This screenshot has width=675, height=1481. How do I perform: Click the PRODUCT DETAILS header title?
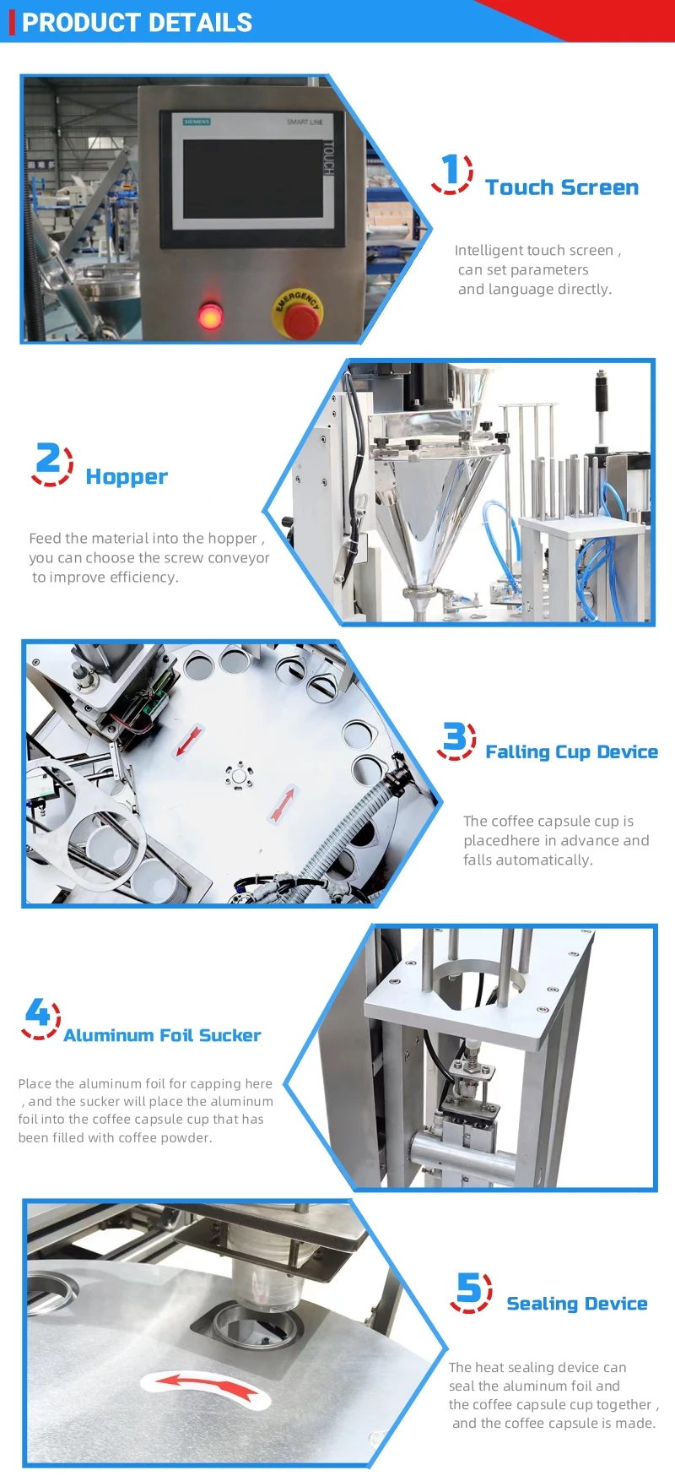point(137,23)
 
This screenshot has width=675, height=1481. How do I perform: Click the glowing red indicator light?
point(209,315)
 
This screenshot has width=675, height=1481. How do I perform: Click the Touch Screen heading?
point(562,187)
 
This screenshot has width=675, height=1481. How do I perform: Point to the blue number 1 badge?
point(452,172)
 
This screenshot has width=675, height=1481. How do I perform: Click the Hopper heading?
point(127,477)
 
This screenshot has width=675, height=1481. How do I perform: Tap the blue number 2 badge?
point(51,464)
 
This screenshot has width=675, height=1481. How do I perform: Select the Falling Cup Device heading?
point(571,751)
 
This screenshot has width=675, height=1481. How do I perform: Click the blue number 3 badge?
point(456,740)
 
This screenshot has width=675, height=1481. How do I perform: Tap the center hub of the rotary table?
point(239,775)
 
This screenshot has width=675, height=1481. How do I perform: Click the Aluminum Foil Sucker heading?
point(162,1035)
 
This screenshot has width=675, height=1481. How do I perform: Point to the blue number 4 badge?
point(40,1017)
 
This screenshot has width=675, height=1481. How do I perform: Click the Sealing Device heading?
point(577,1304)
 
